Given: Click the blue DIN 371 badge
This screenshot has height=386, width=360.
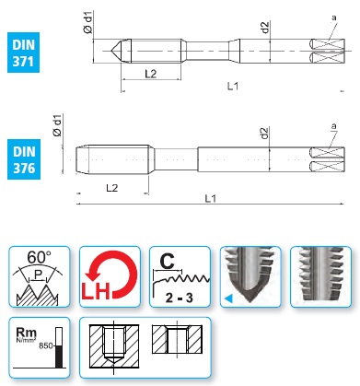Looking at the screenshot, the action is coord(23,53).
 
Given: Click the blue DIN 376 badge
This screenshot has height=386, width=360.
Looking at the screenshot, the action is coord(24,159).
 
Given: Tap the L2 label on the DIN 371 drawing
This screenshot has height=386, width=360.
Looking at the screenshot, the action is coord(151,74).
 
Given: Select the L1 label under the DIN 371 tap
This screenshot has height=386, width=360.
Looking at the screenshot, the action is coord(233,86).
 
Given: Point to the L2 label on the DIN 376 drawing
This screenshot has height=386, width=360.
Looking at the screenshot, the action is coord(112,188).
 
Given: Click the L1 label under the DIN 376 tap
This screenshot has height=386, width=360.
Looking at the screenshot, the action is coord(211,198).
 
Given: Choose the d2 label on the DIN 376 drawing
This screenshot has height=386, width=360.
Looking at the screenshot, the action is coord(264,133).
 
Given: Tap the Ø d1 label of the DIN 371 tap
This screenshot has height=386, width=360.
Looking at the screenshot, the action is coord(87,22).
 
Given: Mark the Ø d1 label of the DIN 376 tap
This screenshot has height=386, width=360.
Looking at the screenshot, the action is coord(57,125).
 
